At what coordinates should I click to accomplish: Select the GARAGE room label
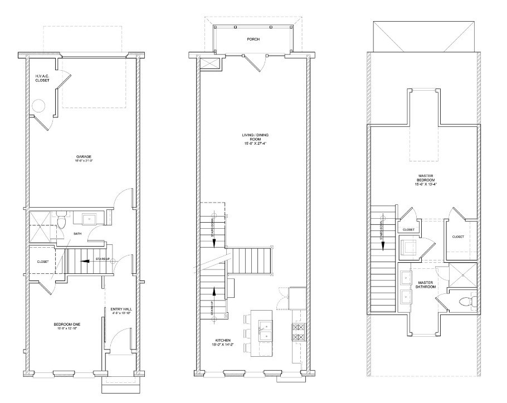pos(84,157)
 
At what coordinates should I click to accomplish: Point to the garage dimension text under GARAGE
pos(84,161)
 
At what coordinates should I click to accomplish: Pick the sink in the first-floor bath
pos(90,218)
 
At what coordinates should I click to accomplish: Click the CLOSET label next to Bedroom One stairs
pos(43,262)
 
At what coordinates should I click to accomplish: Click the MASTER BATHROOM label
pos(426,286)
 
